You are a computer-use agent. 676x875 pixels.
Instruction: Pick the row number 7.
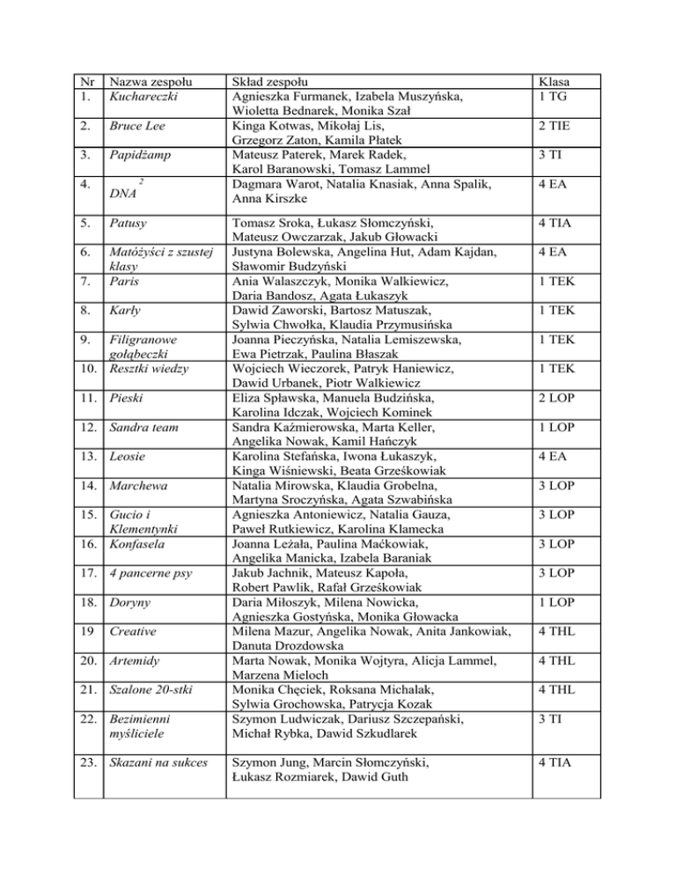pos(86,282)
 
